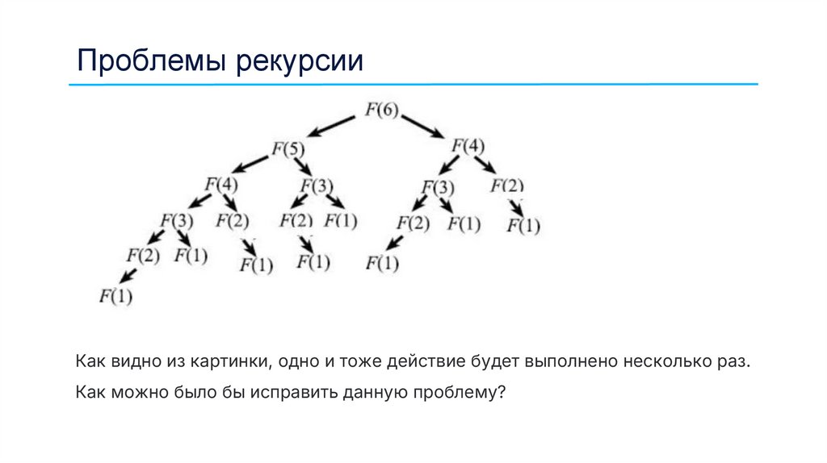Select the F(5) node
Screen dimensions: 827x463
[288, 149]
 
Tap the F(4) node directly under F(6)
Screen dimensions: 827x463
[468, 147]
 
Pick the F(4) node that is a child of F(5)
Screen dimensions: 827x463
[221, 185]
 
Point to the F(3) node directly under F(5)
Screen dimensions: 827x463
[317, 186]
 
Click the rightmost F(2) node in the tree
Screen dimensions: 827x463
[507, 186]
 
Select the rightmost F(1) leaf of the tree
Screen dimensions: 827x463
[523, 227]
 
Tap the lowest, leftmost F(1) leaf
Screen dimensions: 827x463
[115, 296]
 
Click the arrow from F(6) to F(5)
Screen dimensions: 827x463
[331, 126]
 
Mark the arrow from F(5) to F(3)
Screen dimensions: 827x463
[303, 166]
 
